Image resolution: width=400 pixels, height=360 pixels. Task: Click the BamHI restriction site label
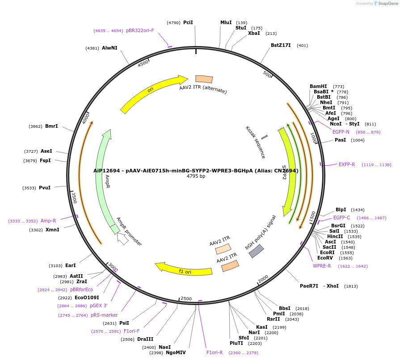[318, 87]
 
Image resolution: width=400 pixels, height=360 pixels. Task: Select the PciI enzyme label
[188, 22]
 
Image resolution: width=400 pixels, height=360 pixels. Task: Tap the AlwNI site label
[109, 48]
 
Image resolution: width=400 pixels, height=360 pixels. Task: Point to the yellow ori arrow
[152, 92]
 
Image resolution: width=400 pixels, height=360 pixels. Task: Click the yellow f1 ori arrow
[183, 270]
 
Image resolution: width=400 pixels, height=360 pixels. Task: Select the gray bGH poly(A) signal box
[256, 251]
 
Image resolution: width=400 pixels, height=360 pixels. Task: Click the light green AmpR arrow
[104, 179]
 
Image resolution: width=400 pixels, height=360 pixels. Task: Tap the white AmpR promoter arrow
[122, 239]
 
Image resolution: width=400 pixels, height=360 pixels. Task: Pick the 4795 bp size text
[196, 176]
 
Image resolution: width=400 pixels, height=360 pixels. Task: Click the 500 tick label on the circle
[267, 74]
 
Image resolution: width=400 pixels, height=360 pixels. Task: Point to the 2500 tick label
[185, 298]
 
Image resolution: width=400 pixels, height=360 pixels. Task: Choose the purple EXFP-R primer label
[346, 164]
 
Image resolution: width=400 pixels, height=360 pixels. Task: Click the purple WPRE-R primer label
[322, 266]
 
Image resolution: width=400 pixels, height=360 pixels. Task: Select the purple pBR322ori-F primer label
[140, 30]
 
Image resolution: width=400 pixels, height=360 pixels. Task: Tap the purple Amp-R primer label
[48, 221]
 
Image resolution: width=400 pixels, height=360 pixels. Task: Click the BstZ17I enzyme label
[281, 45]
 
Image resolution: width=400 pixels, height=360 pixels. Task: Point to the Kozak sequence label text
[255, 142]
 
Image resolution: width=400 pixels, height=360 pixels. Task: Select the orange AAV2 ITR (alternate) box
[204, 79]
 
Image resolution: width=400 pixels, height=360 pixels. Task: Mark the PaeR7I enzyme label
[309, 286]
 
